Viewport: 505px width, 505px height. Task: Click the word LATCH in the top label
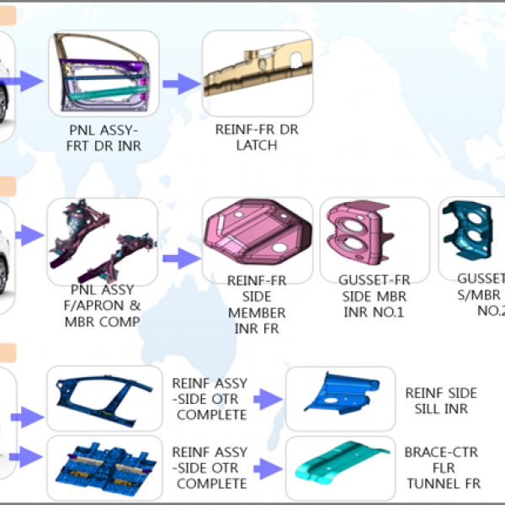coord(258,145)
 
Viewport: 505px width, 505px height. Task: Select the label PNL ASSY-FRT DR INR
coord(104,138)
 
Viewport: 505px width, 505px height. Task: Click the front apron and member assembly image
coord(102,240)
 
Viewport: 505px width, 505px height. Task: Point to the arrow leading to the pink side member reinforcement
coord(178,258)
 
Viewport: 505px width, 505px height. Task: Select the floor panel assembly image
coord(103,468)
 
